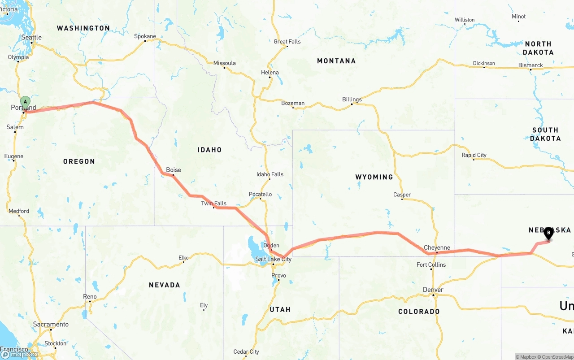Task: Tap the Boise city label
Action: tap(174, 170)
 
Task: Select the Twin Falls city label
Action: tap(213, 204)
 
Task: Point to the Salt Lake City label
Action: tap(273, 259)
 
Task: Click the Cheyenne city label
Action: tap(437, 247)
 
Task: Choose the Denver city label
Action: tap(433, 290)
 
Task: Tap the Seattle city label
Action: tap(31, 37)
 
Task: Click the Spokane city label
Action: tap(145, 36)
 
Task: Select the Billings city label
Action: tap(352, 99)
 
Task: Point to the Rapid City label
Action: tap(474, 155)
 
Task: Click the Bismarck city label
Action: tap(531, 65)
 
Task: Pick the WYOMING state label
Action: tap(374, 177)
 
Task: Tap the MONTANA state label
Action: tap(336, 61)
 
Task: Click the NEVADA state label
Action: tap(164, 285)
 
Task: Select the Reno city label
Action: tap(90, 296)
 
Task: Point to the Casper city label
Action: tap(402, 195)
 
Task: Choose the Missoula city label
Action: tap(224, 63)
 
